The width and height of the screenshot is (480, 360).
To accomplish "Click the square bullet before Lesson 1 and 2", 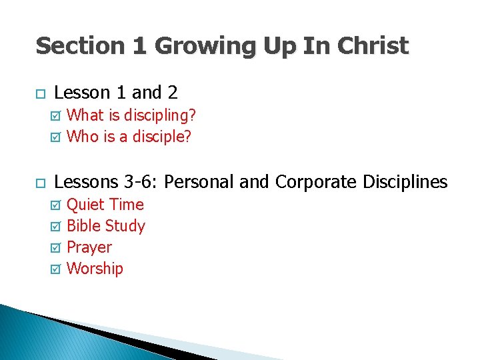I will [x=39, y=94].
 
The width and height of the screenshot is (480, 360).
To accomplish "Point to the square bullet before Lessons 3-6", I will [x=39, y=183].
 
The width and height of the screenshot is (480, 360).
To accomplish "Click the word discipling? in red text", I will [x=161, y=115].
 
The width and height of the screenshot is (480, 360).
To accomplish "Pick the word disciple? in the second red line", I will [x=161, y=137].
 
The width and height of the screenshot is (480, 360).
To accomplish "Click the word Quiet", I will [x=86, y=204].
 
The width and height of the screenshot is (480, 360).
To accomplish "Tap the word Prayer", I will [x=89, y=247].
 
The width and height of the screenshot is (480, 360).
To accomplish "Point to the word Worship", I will [x=95, y=269].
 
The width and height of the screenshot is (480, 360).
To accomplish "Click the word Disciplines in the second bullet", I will [x=405, y=181].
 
